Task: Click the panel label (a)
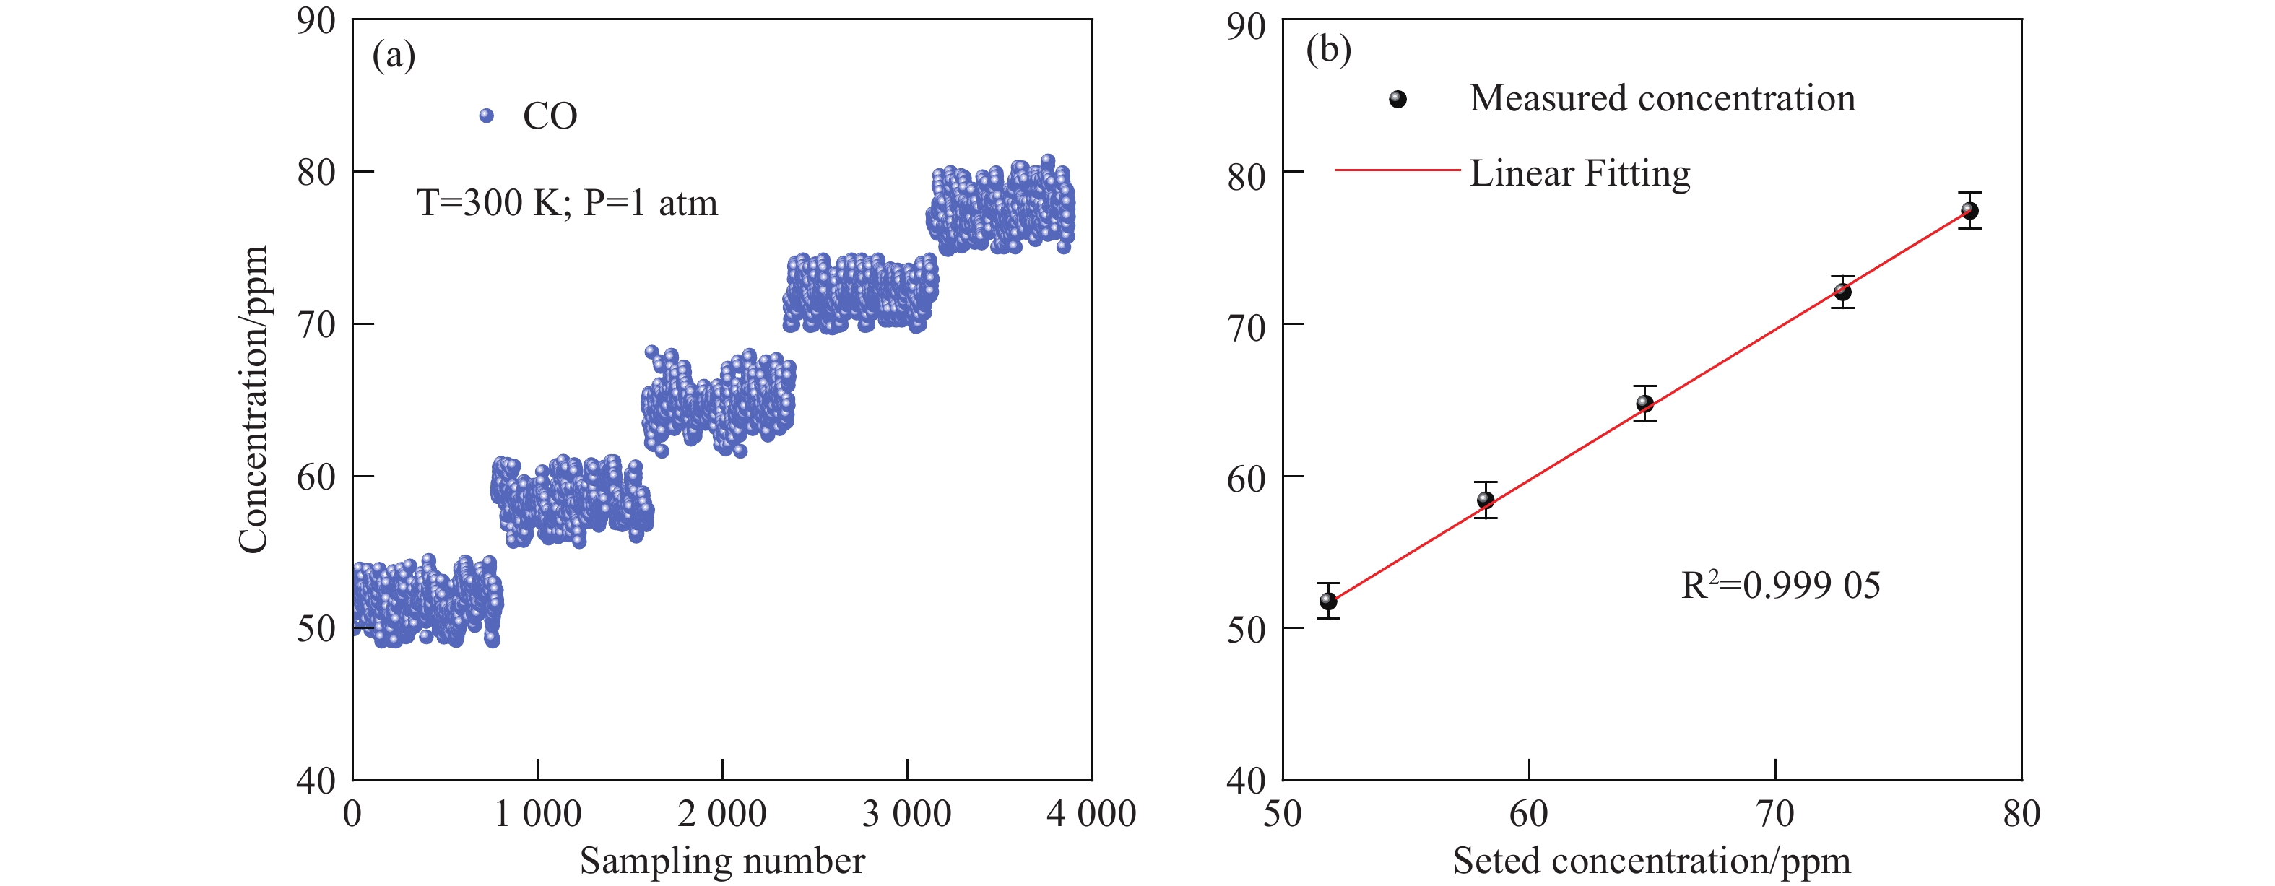pos(393,56)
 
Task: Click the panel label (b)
pos(1327,50)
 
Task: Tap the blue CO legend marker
pos(486,116)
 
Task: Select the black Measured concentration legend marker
pos(1397,99)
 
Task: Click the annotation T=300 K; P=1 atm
pos(567,203)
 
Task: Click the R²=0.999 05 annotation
pos(1780,586)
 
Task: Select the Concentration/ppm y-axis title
pos(253,399)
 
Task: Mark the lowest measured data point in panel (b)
pos(1328,601)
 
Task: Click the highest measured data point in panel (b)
pos(1969,211)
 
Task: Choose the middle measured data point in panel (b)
pos(1644,404)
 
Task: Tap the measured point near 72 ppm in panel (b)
pos(1842,292)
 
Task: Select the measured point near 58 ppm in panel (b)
pos(1486,500)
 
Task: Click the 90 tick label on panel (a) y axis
pos(316,21)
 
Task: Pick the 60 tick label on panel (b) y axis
pos(1245,478)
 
